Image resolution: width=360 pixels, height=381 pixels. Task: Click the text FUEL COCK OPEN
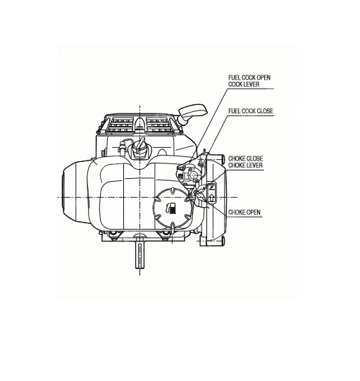249,77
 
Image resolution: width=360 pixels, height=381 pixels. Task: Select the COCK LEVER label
244,85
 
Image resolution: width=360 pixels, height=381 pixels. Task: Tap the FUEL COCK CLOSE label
251,111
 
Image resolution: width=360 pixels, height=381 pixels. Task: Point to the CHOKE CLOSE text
245,158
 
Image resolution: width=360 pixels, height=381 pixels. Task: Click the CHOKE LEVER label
245,165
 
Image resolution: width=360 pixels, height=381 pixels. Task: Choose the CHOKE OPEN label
244,213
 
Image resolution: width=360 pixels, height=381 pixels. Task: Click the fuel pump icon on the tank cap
171,208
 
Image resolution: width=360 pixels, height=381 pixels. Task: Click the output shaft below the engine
140,256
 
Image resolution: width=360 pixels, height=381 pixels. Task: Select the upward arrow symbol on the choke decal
212,198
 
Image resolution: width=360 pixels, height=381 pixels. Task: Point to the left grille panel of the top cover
120,125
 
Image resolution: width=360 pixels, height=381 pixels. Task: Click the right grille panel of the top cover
159,125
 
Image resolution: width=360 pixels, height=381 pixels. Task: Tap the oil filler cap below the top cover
139,148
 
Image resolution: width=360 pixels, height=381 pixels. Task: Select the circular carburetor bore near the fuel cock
194,174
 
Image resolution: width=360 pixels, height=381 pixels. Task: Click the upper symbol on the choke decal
211,187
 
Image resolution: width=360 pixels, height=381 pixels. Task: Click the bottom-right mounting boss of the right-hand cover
223,241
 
